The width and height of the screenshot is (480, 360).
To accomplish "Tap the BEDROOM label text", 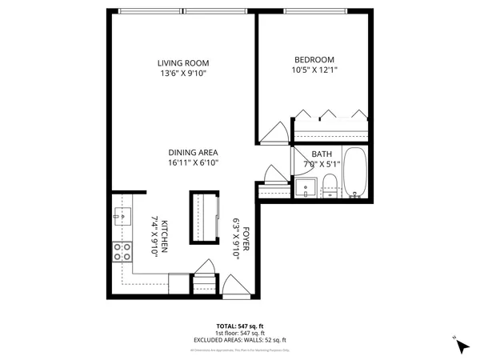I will [314, 59].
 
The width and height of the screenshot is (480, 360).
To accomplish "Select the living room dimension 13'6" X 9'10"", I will [182, 74].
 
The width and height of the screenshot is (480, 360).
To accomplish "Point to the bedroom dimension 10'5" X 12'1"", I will [314, 70].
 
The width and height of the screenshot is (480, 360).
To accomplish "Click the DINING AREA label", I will [193, 152].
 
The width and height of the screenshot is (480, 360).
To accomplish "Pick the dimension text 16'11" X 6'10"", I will [193, 162].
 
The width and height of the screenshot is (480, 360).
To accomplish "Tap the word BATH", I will [322, 154].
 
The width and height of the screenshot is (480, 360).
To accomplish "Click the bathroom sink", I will [306, 189].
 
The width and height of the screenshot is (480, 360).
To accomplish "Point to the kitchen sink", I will [122, 214].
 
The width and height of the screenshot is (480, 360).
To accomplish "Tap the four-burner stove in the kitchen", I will [122, 253].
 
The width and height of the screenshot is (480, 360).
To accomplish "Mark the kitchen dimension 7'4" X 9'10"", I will [154, 237].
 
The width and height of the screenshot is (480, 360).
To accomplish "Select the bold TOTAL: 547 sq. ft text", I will [239, 326].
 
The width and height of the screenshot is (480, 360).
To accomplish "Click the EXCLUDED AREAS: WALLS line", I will [239, 340].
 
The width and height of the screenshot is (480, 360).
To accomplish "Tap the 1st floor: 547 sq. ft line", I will [239, 333].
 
